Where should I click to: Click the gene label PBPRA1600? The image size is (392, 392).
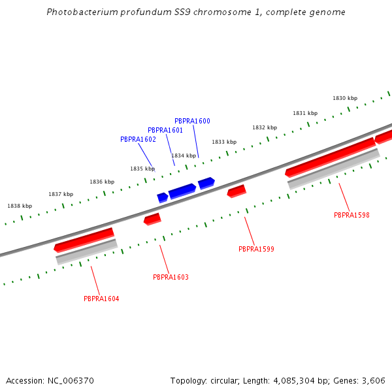coord(192,121)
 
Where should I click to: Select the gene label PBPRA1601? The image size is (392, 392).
coord(165,130)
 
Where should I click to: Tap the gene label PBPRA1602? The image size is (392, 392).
coord(138,139)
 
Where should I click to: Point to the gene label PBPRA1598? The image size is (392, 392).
coord(351,215)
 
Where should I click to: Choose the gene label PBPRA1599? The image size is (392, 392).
coord(256,249)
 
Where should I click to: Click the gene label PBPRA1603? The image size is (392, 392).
coord(171,277)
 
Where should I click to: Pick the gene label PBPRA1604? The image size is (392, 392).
coord(101,299)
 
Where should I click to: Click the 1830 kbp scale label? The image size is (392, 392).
coord(345,98)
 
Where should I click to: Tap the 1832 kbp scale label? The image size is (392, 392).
coord(265,127)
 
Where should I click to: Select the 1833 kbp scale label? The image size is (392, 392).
coord(224,142)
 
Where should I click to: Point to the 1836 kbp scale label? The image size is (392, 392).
coord(102,182)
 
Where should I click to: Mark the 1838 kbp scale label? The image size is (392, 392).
coord(20,206)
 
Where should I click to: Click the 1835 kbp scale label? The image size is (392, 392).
coord(142,169)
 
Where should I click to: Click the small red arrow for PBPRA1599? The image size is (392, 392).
coord(237,191)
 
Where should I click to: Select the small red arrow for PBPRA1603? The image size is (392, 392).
coord(152,218)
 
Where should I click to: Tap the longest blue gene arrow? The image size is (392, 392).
coord(182,191)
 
